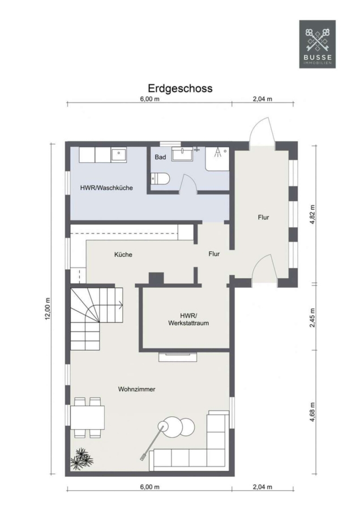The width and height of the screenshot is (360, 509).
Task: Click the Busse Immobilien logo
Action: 317,44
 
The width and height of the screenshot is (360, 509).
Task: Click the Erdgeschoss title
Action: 181,88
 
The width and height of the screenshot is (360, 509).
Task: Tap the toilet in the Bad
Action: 161,179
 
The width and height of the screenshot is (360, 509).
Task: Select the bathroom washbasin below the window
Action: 182,154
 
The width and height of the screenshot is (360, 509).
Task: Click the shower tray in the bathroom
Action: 217,159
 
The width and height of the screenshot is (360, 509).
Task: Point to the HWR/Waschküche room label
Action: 106,188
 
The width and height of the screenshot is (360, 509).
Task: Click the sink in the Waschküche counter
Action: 119,154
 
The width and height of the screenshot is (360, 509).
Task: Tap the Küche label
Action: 123,255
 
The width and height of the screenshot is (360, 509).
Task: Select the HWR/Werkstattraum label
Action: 188,320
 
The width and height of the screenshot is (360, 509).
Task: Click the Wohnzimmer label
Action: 136,389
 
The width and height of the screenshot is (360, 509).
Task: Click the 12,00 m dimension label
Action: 48,309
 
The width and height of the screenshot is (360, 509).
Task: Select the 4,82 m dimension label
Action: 312,214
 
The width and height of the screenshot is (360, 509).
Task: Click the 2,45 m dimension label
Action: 312,317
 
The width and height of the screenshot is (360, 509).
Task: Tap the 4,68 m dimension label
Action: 312,412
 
